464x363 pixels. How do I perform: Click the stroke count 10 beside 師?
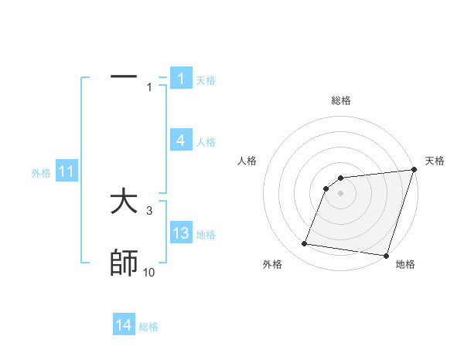point(148,273)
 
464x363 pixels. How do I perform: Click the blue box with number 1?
point(181,79)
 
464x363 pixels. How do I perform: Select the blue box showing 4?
point(181,141)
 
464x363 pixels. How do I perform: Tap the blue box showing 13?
point(181,233)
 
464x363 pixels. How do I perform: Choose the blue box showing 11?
point(67,172)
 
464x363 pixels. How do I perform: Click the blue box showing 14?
point(124,326)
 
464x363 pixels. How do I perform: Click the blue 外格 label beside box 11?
point(41,173)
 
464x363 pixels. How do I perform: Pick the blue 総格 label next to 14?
point(148,327)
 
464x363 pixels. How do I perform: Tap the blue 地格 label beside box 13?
point(206,234)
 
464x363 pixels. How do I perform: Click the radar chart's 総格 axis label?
point(340,100)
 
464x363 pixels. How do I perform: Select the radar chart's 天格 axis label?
point(435,161)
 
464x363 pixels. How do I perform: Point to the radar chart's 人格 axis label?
point(247,161)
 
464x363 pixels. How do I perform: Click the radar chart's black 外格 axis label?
point(272,264)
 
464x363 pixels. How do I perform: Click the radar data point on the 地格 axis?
point(385,255)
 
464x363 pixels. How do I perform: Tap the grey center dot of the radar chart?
point(340,192)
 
